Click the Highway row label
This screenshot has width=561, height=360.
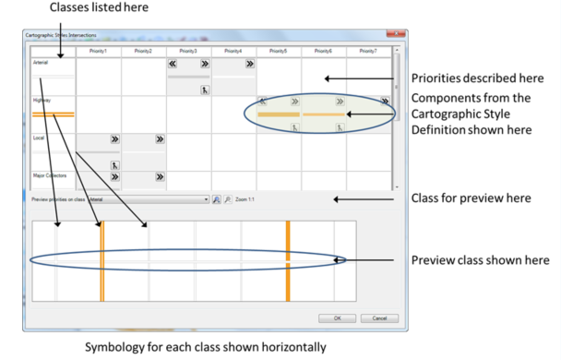(42, 100)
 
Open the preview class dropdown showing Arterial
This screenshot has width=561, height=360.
(148, 198)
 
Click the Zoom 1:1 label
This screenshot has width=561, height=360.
(245, 198)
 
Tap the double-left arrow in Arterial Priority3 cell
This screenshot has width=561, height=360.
(173, 65)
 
